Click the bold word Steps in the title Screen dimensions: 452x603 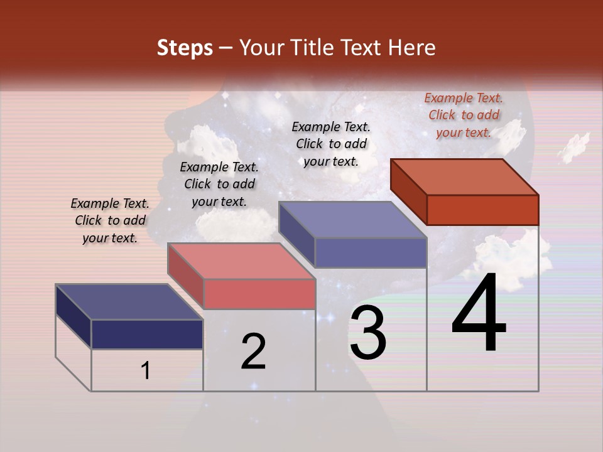(185, 48)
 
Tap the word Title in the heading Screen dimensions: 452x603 (312, 48)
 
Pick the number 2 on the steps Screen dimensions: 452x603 (253, 352)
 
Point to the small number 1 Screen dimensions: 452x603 (146, 370)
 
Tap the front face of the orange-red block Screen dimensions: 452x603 (482, 210)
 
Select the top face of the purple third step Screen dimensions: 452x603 (353, 220)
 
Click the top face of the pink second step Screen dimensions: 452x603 (241, 261)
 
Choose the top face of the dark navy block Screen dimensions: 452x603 (129, 301)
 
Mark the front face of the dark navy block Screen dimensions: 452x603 (147, 334)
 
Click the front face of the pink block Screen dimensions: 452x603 (259, 294)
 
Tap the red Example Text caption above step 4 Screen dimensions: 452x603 (464, 115)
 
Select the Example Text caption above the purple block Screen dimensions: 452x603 (331, 144)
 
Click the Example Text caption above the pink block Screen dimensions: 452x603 (219, 184)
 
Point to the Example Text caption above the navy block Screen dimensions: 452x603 (110, 220)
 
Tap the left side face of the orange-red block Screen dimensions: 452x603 (408, 191)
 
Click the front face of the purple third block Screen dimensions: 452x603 (371, 253)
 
